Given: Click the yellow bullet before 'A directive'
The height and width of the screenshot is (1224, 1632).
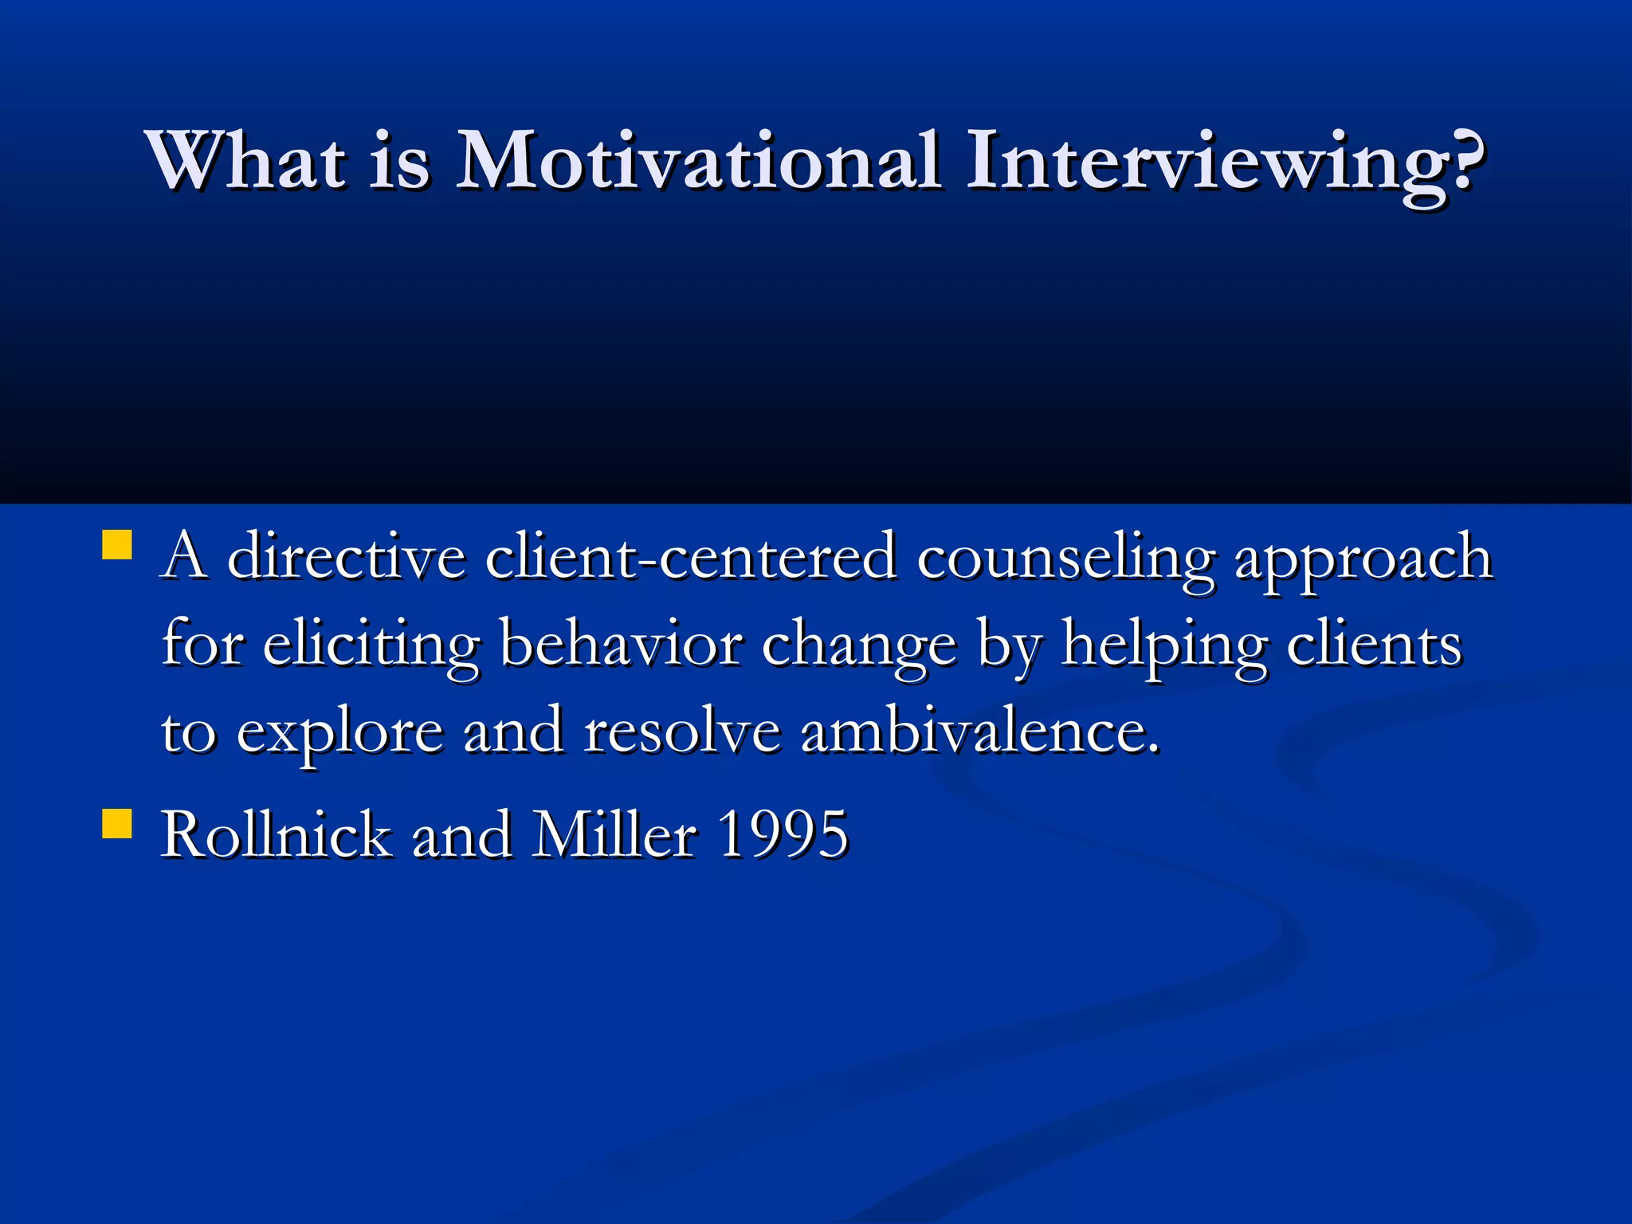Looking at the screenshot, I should (x=117, y=547).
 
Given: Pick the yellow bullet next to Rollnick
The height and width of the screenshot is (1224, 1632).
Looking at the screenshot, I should (x=117, y=824).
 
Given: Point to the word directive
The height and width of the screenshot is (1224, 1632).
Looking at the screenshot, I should (x=346, y=557).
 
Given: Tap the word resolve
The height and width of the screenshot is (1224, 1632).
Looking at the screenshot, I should (x=682, y=731).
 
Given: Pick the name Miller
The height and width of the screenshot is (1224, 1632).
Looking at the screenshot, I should (x=614, y=835).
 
